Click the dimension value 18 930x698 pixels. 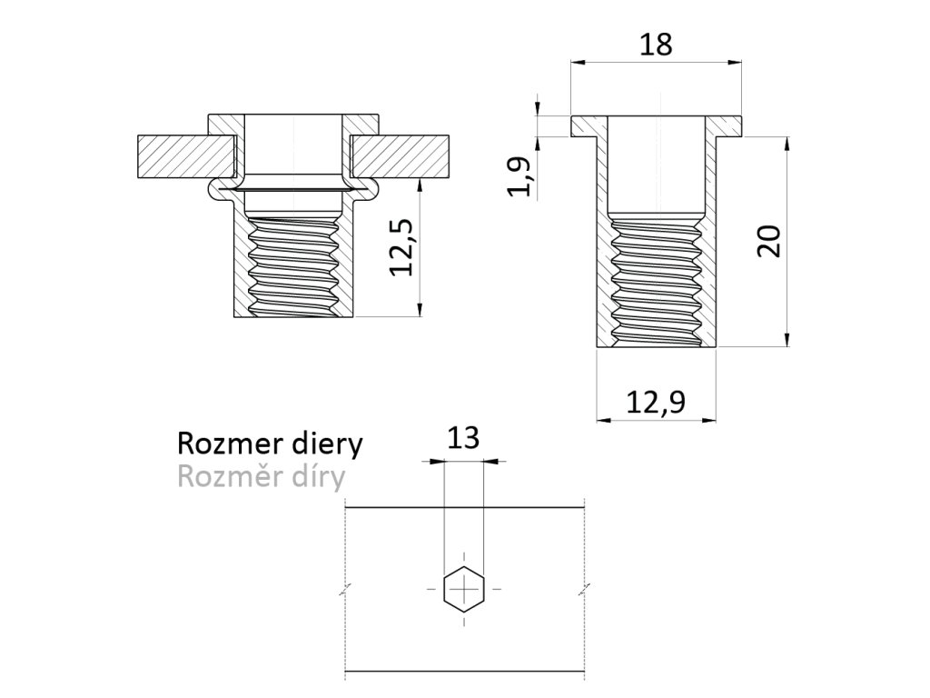(x=656, y=45)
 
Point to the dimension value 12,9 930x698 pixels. (x=655, y=400)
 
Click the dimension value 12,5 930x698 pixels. (x=401, y=247)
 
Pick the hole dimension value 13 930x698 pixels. (x=463, y=440)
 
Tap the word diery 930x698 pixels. (x=324, y=444)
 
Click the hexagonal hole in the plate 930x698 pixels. (x=464, y=589)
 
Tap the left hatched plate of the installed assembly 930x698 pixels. (x=185, y=156)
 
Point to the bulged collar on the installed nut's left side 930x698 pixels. (x=217, y=189)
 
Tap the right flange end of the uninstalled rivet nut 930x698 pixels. (x=730, y=125)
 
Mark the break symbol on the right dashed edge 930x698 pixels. (x=583, y=589)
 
